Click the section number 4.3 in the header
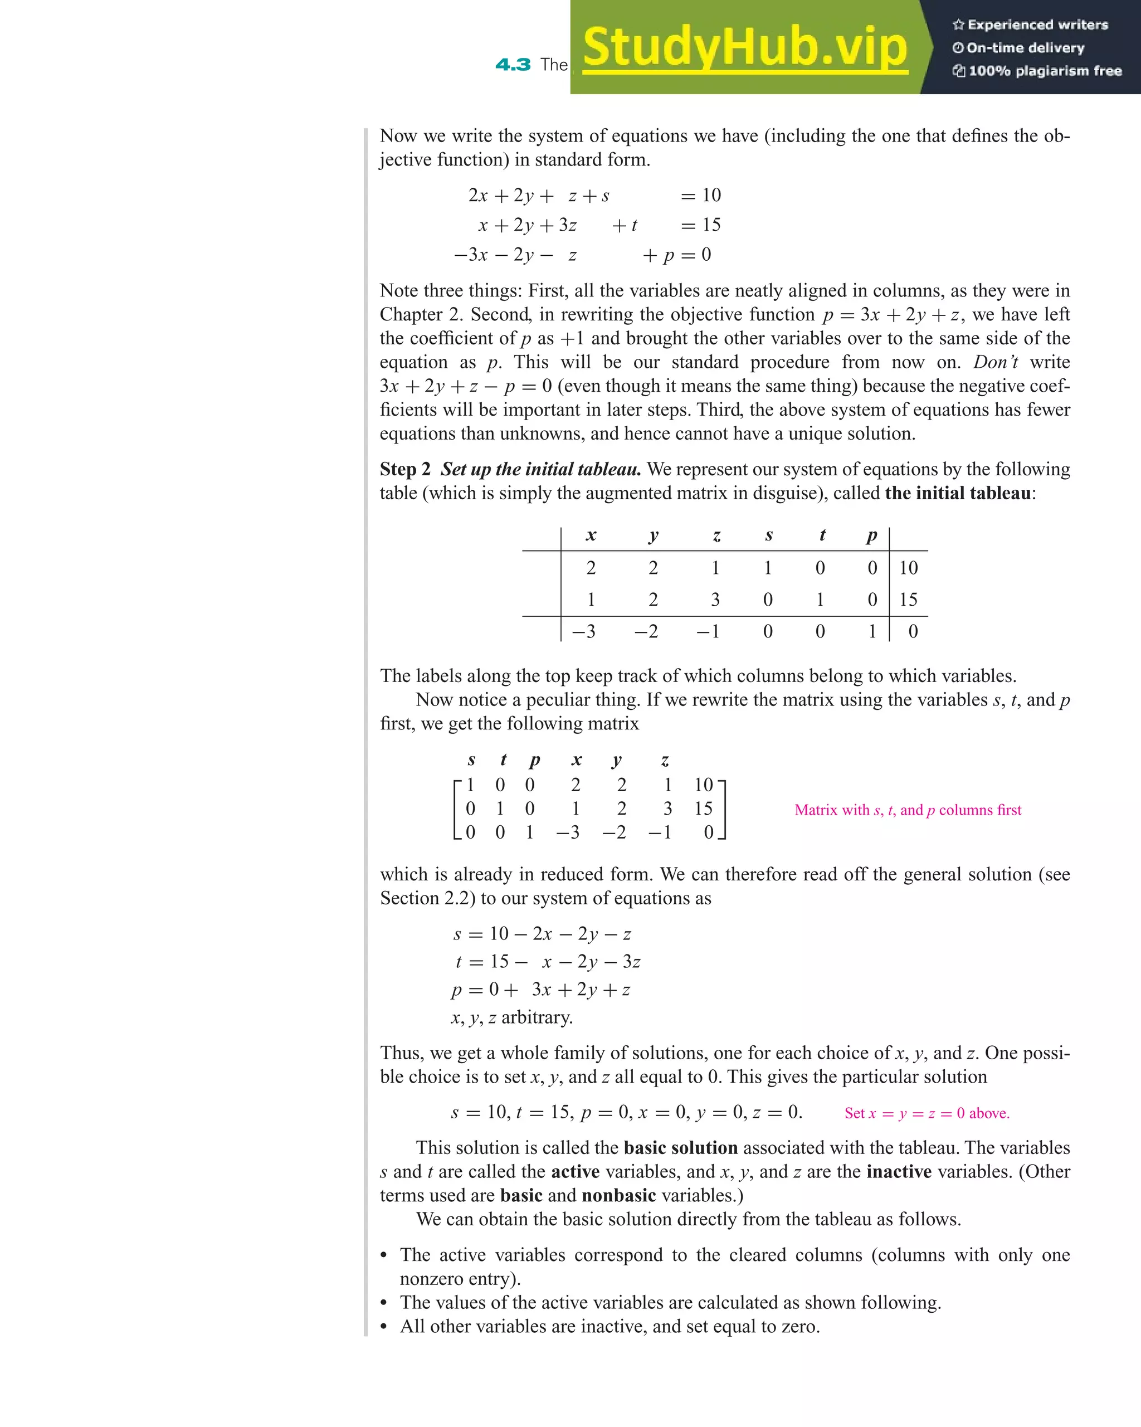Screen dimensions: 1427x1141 [x=513, y=65]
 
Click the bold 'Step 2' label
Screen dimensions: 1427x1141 [x=405, y=469]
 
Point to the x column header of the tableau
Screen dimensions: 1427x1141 [x=591, y=535]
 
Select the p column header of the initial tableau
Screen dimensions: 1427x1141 [x=872, y=535]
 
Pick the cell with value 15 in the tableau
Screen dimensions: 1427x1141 [x=908, y=600]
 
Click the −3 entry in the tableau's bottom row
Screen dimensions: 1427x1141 [x=584, y=631]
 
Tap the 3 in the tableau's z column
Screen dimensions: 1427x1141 [x=715, y=600]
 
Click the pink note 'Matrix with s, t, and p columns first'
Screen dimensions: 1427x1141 [x=908, y=810]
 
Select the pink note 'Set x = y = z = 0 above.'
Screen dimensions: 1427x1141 [x=927, y=1114]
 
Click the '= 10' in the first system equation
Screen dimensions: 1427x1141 [x=700, y=195]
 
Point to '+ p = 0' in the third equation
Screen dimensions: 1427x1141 [x=676, y=255]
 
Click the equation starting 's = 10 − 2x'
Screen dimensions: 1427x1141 [x=542, y=934]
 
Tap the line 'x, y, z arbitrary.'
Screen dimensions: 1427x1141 [x=511, y=1017]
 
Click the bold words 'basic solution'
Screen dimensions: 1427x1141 [x=680, y=1148]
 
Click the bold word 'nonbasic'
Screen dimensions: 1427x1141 [x=619, y=1196]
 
